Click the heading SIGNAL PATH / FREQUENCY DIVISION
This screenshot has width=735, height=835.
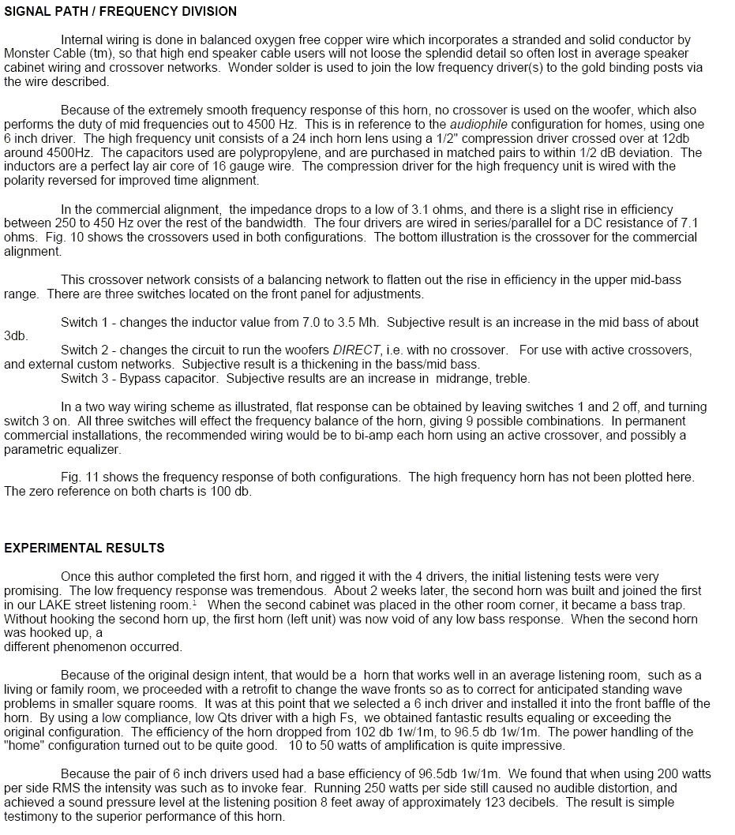(120, 12)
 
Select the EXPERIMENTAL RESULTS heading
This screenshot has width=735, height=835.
(84, 548)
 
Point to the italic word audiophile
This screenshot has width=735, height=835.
(482, 125)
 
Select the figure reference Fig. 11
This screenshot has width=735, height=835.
(79, 477)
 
